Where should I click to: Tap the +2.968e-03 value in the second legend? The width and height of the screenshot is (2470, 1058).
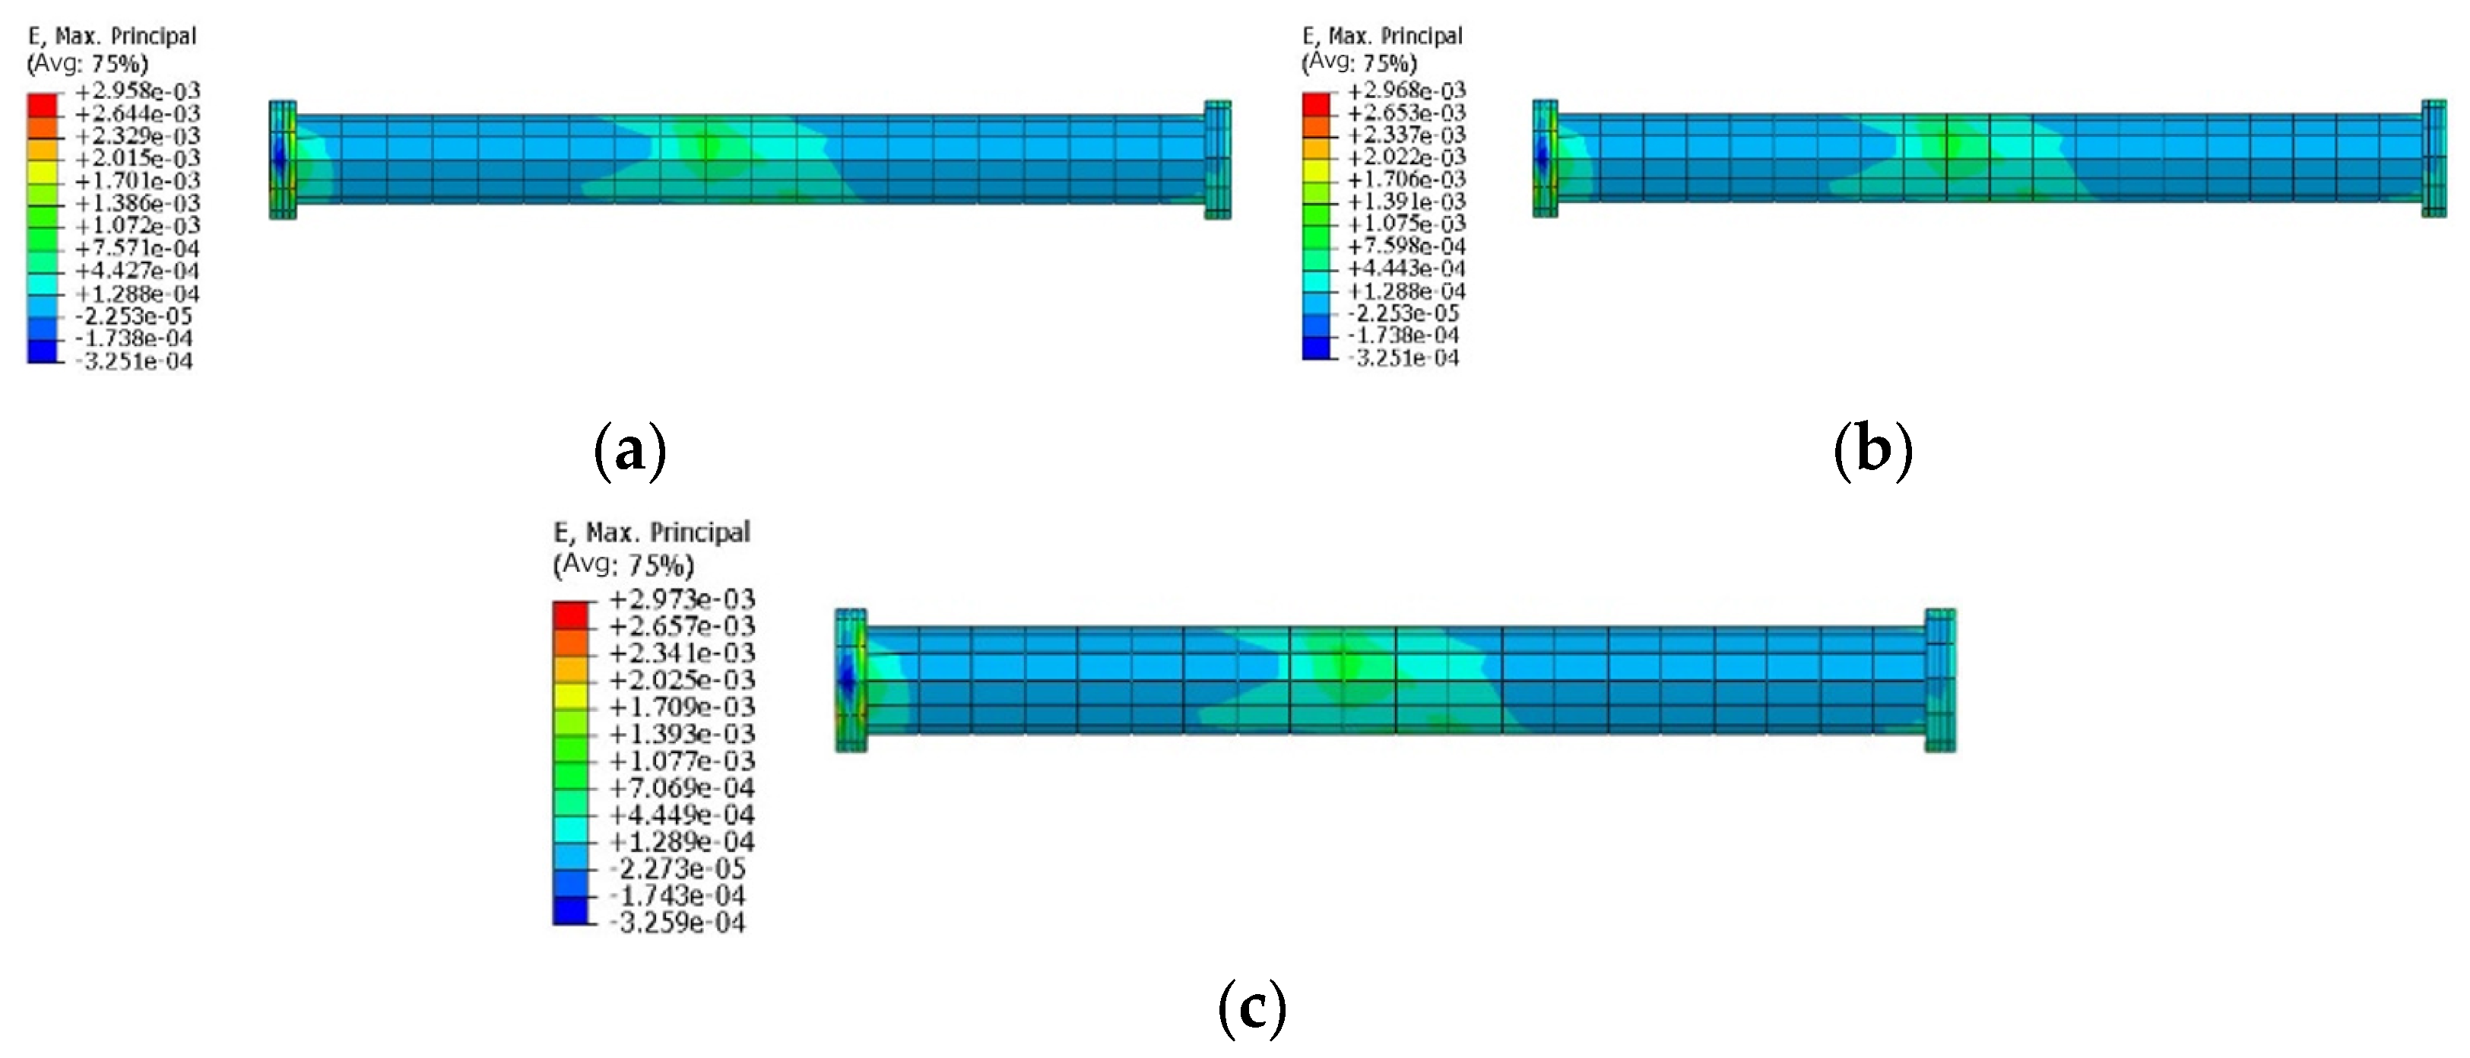[x=1406, y=91]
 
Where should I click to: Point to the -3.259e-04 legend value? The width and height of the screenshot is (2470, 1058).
[x=677, y=923]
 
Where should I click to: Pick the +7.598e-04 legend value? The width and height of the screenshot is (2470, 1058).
[x=1406, y=246]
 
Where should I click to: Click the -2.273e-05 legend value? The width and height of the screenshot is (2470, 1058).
[x=677, y=869]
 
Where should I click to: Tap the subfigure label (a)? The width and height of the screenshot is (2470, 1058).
[x=630, y=450]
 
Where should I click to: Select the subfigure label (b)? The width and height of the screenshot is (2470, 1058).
[x=1872, y=448]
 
